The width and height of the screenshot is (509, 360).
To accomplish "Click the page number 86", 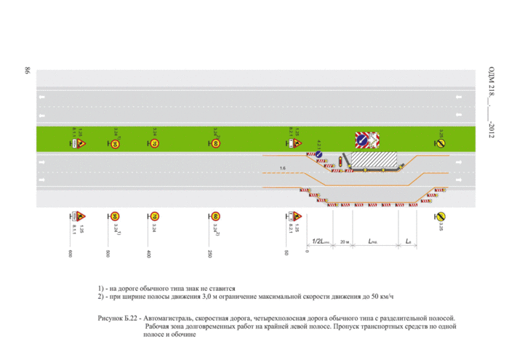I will point(27,71).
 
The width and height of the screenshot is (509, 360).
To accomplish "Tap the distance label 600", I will point(71,253).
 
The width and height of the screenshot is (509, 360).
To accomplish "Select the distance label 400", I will point(148,253).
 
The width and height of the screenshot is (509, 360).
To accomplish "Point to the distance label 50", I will point(288,252).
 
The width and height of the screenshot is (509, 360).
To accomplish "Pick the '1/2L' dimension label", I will point(320,240).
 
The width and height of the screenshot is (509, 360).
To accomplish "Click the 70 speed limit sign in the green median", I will point(154,143).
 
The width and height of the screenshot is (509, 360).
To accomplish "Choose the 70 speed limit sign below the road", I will point(154,216).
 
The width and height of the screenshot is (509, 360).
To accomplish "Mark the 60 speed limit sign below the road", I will point(215,216).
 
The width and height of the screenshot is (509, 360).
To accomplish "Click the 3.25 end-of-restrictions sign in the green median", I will point(441,143).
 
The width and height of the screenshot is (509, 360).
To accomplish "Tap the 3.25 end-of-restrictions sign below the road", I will point(440,216).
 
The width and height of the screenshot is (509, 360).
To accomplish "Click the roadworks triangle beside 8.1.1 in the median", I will point(81,143).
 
